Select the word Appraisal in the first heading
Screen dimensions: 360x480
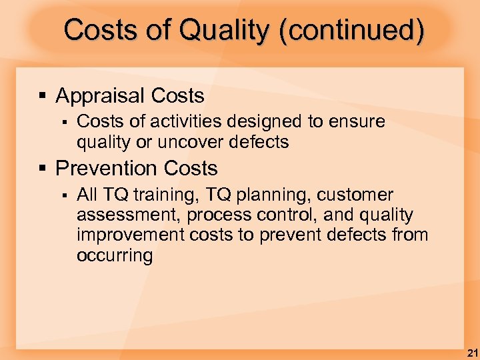coord(101,96)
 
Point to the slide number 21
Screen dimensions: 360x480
coord(471,352)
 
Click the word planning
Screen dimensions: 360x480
coord(273,195)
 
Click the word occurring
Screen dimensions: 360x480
coord(115,255)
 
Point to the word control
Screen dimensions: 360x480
coord(293,215)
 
